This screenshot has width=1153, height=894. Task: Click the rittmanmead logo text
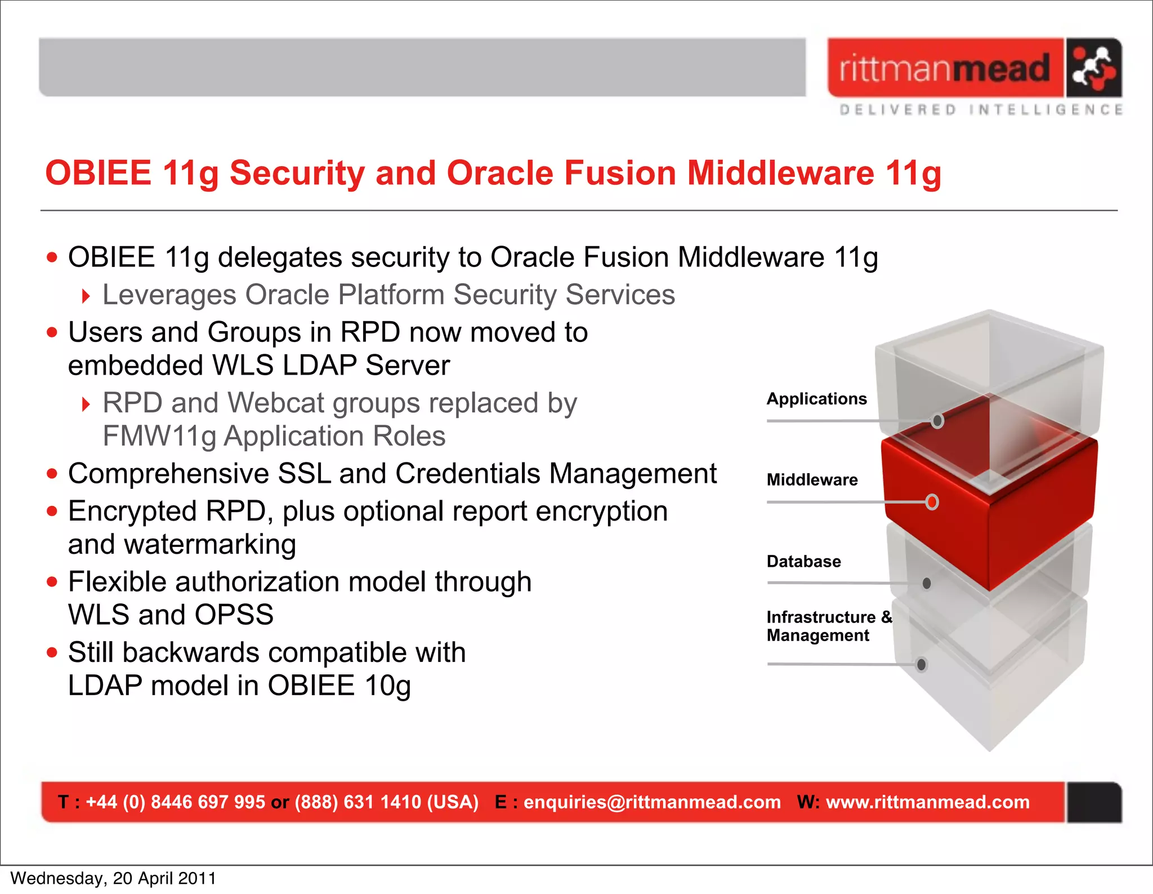pos(944,69)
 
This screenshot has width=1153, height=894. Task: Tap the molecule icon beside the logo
pos(1093,68)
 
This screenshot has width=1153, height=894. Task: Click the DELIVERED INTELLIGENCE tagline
pos(981,109)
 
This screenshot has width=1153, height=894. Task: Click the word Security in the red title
pos(297,173)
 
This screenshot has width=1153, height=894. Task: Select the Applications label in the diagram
pos(816,399)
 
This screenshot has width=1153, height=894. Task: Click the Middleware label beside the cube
pos(812,480)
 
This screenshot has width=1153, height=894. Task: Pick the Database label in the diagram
pos(803,562)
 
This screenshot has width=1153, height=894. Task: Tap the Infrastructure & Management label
pos(829,626)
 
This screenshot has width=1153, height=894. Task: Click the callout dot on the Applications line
pos(937,421)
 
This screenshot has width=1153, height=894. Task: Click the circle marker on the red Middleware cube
pos(932,501)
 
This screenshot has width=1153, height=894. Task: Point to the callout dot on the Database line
pos(927,584)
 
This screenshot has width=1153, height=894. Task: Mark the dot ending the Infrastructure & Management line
pos(922,665)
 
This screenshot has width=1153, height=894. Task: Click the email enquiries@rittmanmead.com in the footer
pos(652,802)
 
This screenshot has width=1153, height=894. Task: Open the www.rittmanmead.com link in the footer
pos(927,802)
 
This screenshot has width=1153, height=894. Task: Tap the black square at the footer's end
pos(1093,802)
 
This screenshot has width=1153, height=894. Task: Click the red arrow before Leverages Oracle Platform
pos(86,296)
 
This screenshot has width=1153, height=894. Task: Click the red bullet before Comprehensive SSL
pos(52,474)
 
